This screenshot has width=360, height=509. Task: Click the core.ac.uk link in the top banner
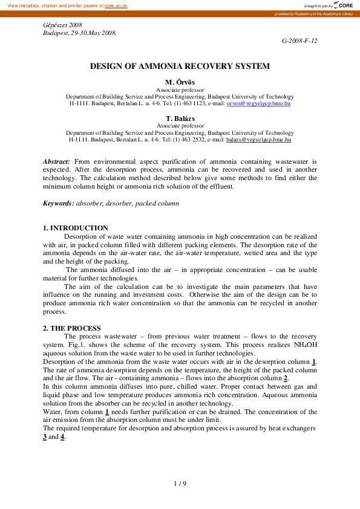pos(114,5)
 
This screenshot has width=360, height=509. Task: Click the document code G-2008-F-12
pos(299,40)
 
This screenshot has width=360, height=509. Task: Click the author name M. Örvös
pos(180,82)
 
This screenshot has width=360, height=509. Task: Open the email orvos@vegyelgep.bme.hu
pos(258,103)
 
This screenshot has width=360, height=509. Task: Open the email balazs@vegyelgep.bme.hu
pos(258,139)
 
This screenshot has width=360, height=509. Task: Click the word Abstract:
pos(56,161)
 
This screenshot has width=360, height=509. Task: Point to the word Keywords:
pos(58,204)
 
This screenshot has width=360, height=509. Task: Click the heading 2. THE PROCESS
pos(71,328)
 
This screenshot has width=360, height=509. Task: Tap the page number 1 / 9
pos(180,483)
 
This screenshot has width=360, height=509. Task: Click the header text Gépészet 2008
pos(62,25)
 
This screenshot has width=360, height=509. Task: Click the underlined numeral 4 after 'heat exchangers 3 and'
pos(62,436)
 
